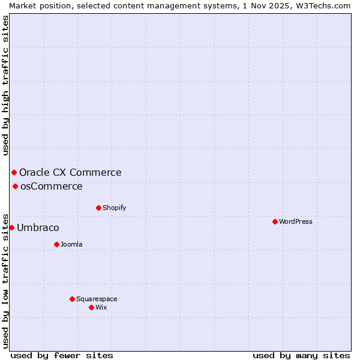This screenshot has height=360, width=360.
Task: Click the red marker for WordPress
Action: pos(275,221)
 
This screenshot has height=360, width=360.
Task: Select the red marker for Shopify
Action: pos(98,208)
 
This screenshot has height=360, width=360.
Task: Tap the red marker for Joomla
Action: pos(56,244)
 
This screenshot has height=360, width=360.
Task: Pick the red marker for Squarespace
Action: pos(72,299)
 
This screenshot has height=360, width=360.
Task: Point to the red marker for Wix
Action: pos(91,307)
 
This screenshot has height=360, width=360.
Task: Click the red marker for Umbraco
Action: pos(11,227)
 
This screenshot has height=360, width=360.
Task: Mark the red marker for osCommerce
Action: pos(15,186)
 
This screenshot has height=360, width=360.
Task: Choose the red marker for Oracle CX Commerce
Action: pos(14,172)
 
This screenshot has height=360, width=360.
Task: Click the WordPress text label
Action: pos(296,221)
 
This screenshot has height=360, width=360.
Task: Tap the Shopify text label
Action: pos(115,208)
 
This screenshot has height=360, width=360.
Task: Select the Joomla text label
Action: pos(71,244)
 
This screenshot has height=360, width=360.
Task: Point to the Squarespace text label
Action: pos(97,299)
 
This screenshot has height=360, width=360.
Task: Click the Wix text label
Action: pos(101,307)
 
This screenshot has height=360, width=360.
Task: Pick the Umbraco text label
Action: pos(38,227)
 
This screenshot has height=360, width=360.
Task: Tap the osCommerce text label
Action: pos(52,186)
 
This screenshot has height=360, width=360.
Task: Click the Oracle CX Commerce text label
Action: pos(70,172)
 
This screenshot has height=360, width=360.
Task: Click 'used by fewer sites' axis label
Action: pos(62,355)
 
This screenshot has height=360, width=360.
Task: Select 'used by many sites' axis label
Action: pos(301,355)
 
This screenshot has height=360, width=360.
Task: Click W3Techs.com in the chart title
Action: pos(322,5)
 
